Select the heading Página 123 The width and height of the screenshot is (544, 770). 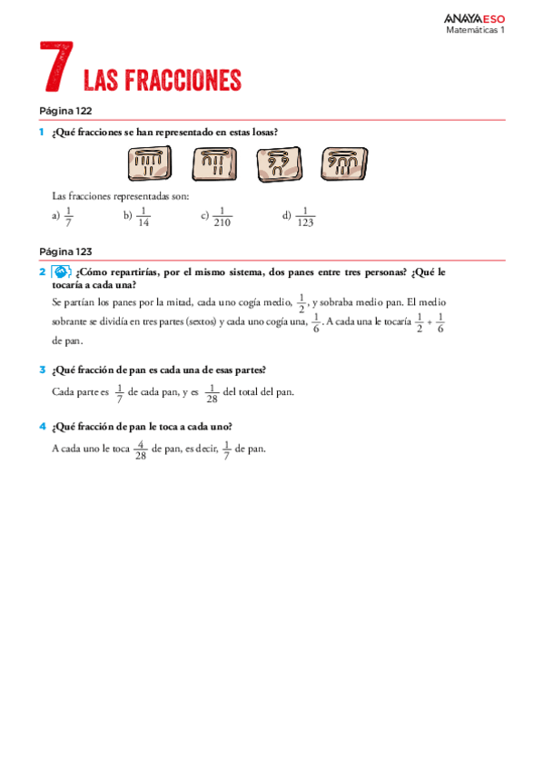pos(65,252)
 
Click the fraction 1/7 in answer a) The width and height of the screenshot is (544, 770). pos(69,216)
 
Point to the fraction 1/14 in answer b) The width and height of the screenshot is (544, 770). pos(143,216)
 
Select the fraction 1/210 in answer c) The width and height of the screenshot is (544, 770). pos(222,216)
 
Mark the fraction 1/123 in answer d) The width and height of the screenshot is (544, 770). pos(305,216)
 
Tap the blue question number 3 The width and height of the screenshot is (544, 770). pos(42,370)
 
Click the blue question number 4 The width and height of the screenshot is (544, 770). pos(42,426)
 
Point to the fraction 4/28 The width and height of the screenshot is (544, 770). pos(140,449)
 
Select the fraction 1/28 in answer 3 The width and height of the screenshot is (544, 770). pos(213,392)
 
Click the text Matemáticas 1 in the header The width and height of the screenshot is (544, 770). pos(475,29)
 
